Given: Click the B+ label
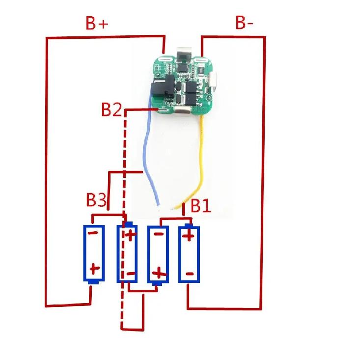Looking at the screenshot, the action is click(x=97, y=23).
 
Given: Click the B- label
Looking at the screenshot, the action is click(x=244, y=23).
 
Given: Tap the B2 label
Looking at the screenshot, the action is click(x=111, y=110).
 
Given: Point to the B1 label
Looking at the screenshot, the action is click(x=201, y=206).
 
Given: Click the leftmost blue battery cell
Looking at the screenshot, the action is click(x=94, y=254).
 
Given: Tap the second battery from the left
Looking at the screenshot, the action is click(x=127, y=252).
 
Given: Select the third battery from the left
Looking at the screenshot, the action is click(x=158, y=255).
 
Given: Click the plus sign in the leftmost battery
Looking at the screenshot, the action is click(x=94, y=269).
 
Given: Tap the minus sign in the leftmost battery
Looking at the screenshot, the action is click(x=93, y=233).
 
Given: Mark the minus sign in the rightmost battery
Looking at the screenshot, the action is click(x=190, y=274).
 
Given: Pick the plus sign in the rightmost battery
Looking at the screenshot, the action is click(x=189, y=236).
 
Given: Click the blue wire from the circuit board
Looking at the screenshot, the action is click(x=145, y=149).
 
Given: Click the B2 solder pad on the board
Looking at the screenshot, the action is click(x=164, y=110).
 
